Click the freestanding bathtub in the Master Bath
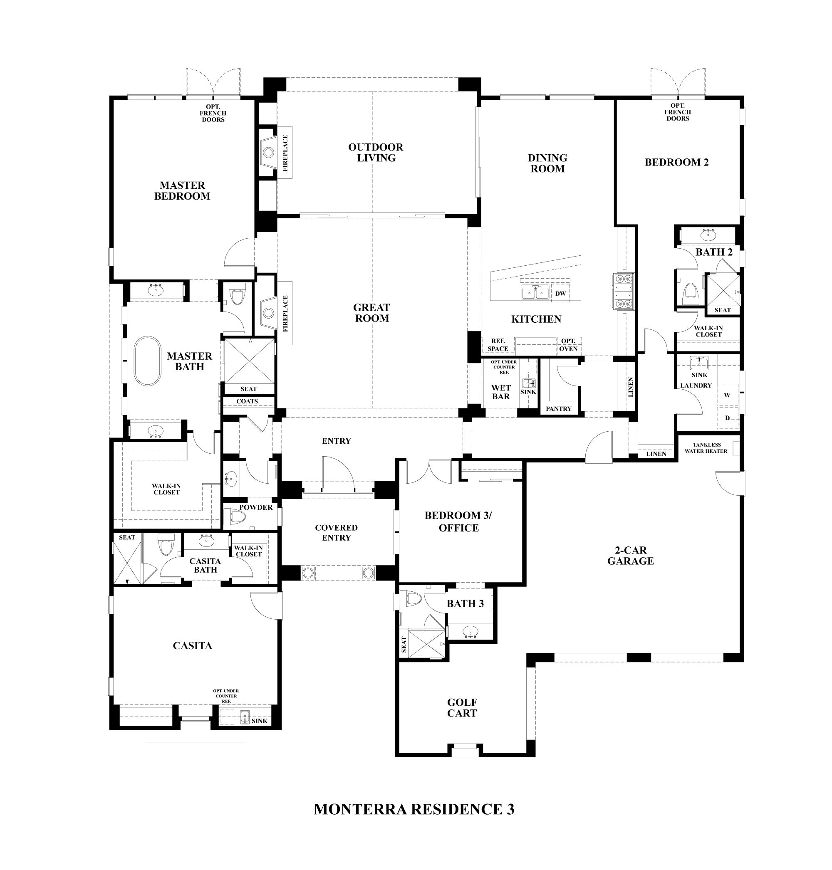tap(148, 361)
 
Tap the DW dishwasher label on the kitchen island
tap(560, 294)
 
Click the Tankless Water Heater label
tap(706, 448)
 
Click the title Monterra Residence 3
tap(414, 809)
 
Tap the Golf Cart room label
tap(462, 708)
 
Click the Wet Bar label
tap(501, 392)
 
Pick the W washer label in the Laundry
tap(727, 395)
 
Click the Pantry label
tap(558, 409)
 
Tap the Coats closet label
tap(247, 401)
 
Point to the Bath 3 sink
tap(470, 631)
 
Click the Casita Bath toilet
tap(166, 545)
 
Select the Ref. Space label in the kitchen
tap(498, 345)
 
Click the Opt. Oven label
tap(568, 345)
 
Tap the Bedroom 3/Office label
tap(458, 522)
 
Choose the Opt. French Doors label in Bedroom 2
tap(677, 112)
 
